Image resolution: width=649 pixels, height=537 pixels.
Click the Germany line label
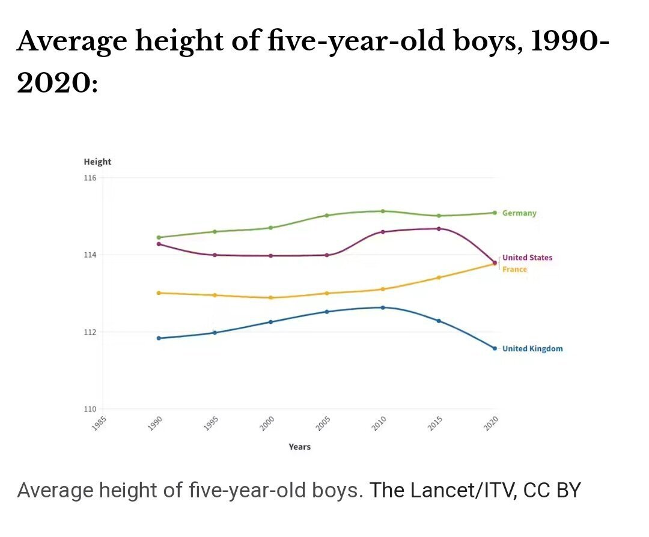pyautogui.click(x=519, y=213)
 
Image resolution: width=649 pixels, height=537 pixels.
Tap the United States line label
pyautogui.click(x=527, y=258)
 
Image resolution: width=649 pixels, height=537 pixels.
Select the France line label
pyautogui.click(x=514, y=269)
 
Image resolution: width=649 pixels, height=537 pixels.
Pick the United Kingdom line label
pyautogui.click(x=532, y=348)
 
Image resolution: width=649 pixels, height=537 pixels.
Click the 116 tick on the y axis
pyautogui.click(x=90, y=178)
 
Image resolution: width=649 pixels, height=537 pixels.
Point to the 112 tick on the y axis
pyautogui.click(x=90, y=332)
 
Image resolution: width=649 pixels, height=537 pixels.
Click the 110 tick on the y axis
pyautogui.click(x=90, y=409)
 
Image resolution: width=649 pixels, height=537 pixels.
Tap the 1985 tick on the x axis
pyautogui.click(x=100, y=423)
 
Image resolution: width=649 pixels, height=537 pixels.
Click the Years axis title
pyautogui.click(x=299, y=446)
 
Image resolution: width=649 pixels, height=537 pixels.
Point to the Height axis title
pyautogui.click(x=97, y=162)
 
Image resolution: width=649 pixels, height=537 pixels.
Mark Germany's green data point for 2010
pyautogui.click(x=383, y=211)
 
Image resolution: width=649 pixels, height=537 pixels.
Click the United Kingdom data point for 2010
pyautogui.click(x=383, y=308)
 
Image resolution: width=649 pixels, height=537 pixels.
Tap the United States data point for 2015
pyautogui.click(x=439, y=228)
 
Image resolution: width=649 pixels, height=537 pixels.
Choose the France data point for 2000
pyautogui.click(x=270, y=297)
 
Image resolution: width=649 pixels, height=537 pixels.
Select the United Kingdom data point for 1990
pyautogui.click(x=159, y=338)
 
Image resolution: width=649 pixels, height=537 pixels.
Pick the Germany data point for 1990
pyautogui.click(x=159, y=237)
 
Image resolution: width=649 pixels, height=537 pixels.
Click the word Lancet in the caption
pyautogui.click(x=439, y=490)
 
